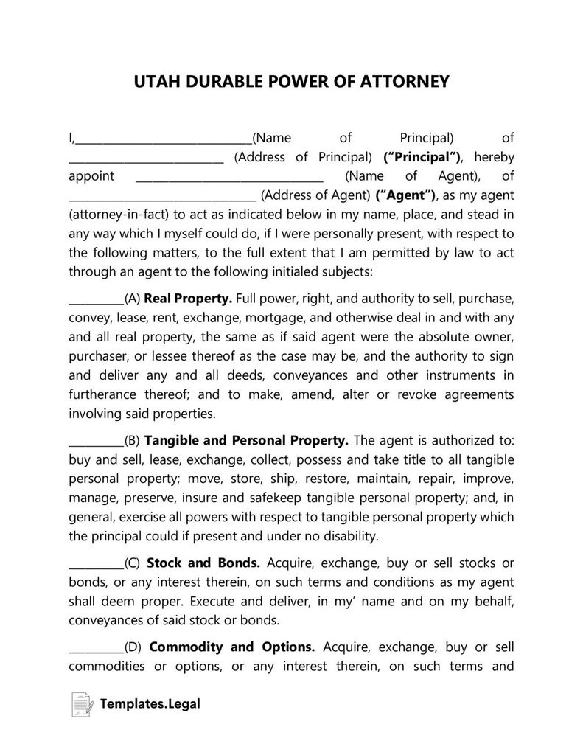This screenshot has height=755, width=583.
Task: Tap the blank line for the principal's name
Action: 163,142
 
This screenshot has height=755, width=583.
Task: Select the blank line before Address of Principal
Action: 146,161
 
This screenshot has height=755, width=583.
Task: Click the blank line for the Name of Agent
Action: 229,180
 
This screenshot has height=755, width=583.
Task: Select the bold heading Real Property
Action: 188,299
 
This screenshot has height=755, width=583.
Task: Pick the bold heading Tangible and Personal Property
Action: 246,440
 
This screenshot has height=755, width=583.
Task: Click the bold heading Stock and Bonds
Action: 203,563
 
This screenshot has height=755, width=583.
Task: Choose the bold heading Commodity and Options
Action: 232,647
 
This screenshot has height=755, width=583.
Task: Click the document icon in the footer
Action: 81,705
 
